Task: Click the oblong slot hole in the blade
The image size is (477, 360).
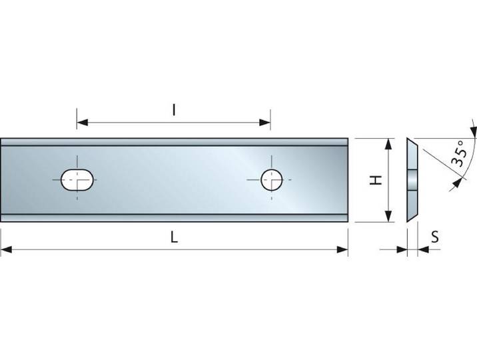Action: coord(77,180)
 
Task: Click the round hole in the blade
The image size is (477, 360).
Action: coord(272,180)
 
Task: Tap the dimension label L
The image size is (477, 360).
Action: coord(174,237)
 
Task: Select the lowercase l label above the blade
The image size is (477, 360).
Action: coord(174,110)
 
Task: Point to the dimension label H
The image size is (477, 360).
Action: coord(376,180)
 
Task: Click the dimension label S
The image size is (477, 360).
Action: coord(435,237)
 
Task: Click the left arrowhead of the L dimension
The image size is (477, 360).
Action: coord(7,250)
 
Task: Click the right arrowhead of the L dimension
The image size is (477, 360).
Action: coord(342,250)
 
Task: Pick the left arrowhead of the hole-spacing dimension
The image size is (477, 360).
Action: coord(83,123)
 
